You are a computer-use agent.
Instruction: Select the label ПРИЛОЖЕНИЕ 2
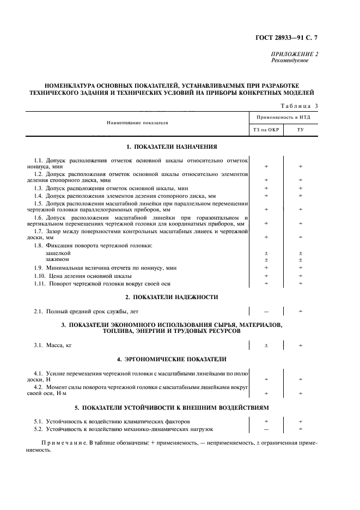click(x=294, y=54)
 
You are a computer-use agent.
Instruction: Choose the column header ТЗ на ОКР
click(x=266, y=130)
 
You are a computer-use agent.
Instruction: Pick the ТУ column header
click(x=300, y=130)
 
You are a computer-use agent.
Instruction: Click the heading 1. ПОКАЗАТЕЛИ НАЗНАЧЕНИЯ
click(x=172, y=147)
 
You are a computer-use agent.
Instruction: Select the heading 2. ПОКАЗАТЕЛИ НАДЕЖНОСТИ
click(x=172, y=297)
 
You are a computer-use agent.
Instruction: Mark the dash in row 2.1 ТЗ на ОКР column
click(x=266, y=312)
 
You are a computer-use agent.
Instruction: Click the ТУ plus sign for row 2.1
click(x=300, y=312)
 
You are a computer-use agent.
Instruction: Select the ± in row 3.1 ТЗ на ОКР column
click(x=266, y=345)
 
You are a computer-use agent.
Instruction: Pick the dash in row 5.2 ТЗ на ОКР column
click(x=266, y=430)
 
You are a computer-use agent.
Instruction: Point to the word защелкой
click(x=58, y=253)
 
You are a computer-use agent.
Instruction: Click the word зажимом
click(x=57, y=259)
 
